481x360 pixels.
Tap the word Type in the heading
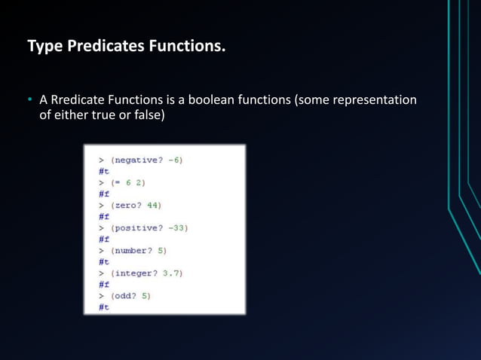pos(45,47)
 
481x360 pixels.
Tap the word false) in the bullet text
pos(148,116)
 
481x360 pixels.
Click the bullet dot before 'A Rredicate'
pos(31,100)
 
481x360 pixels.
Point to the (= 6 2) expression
pos(127,182)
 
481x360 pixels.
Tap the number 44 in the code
pos(155,205)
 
